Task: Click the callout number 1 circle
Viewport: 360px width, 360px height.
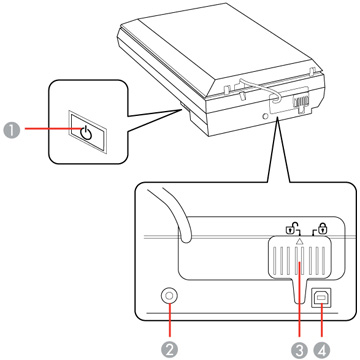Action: click(x=12, y=130)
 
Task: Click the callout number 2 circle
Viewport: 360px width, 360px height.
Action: click(x=170, y=350)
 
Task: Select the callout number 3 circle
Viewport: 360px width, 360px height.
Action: click(x=299, y=350)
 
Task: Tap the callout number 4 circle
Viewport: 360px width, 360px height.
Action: click(x=322, y=350)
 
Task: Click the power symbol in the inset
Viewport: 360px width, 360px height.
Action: click(x=86, y=133)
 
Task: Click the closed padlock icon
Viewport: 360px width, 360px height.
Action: click(x=321, y=228)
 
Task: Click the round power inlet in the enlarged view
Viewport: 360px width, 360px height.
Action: click(x=169, y=296)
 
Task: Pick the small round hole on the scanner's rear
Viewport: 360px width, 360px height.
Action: click(x=266, y=116)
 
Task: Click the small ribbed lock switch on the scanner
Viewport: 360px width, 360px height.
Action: click(x=299, y=102)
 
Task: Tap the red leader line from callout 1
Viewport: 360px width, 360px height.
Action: click(x=53, y=130)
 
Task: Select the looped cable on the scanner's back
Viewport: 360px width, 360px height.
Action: click(x=260, y=88)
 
